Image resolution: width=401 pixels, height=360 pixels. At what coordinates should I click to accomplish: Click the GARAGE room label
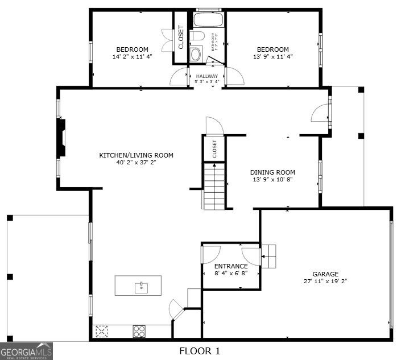point(325,274)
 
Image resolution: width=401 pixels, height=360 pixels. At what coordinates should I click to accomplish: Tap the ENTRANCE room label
point(230,266)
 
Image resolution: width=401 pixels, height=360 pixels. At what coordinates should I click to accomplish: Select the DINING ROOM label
point(273,172)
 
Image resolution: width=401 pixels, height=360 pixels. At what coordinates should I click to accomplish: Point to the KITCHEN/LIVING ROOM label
point(137,155)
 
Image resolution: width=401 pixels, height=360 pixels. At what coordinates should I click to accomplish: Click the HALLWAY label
point(207,76)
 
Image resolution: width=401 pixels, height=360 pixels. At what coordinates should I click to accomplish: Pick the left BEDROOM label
point(133,49)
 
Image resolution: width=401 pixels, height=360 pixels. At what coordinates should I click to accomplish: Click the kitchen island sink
point(140,287)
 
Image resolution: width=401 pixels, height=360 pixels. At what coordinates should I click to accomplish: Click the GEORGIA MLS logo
point(27,351)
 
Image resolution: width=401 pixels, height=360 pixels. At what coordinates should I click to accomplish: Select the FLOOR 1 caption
point(200,351)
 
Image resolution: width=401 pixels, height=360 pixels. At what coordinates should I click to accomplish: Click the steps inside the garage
point(268,256)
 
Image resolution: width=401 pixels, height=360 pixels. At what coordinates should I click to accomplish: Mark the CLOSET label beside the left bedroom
point(181,38)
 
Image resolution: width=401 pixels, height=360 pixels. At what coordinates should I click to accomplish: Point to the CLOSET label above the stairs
point(215,148)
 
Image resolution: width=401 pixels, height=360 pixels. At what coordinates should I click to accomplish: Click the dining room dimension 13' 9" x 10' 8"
point(273,180)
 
